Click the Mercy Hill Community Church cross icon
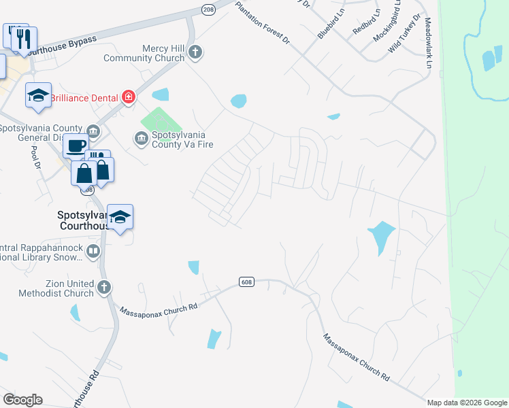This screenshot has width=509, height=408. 195,52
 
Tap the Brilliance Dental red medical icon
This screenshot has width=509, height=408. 127,98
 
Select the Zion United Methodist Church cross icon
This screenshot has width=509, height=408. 103,287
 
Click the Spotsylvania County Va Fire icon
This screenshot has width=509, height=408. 142,139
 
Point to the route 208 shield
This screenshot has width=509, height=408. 208,9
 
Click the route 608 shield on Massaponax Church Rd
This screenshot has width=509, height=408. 246,282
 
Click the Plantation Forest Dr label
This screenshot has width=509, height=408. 263,23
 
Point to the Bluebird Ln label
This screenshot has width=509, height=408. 330,23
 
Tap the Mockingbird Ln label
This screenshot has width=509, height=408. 387,23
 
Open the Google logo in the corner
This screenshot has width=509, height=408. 22,400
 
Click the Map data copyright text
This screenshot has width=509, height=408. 467,403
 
